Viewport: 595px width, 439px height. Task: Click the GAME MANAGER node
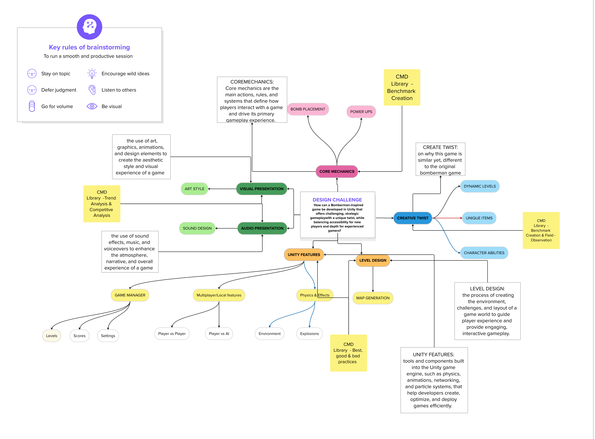[x=130, y=295]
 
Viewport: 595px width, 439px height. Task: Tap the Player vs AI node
[x=219, y=334]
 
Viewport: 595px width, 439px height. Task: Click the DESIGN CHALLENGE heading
[x=337, y=200]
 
